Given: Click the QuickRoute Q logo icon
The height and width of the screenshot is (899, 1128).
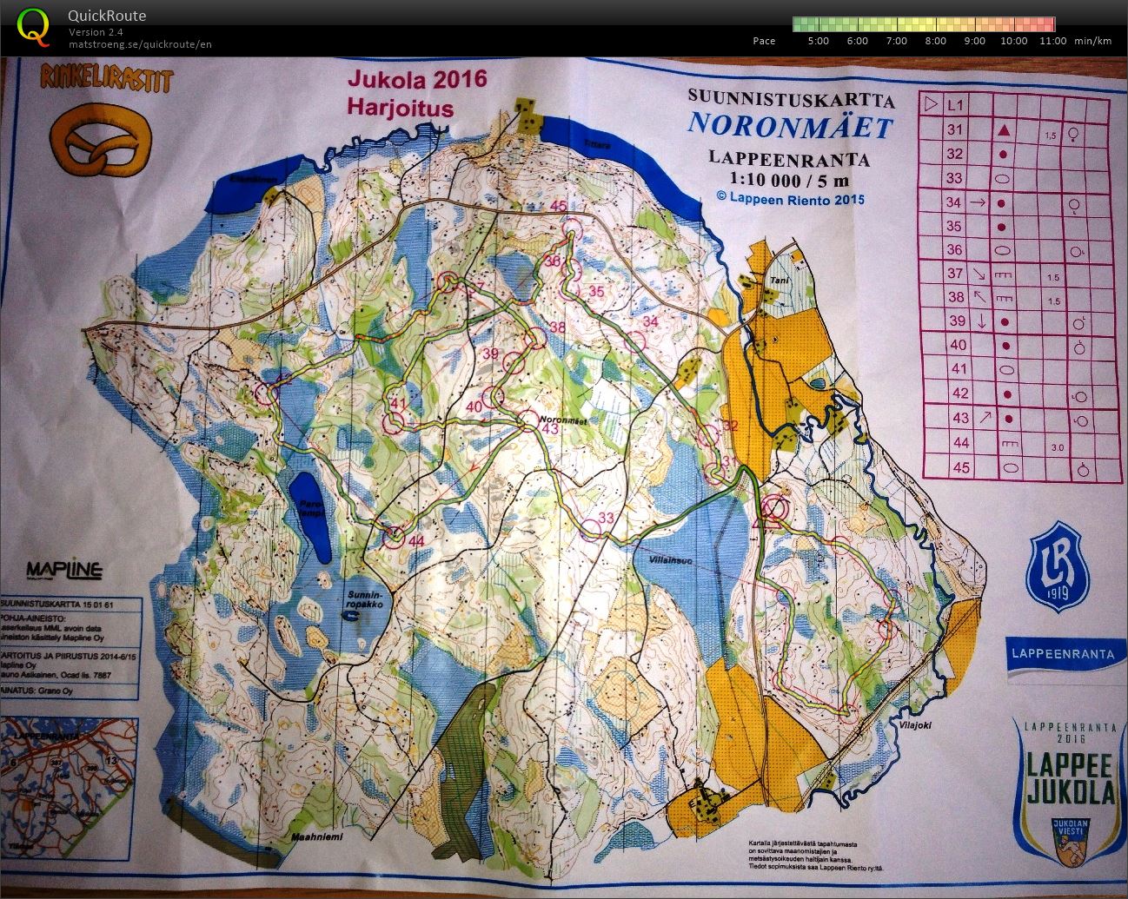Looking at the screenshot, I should pos(32,26).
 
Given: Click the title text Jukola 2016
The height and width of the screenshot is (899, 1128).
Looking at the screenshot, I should pos(417,79).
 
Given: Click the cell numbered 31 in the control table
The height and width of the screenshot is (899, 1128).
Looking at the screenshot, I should pos(955,129).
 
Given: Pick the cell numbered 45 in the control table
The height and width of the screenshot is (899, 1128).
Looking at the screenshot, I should pos(957,467).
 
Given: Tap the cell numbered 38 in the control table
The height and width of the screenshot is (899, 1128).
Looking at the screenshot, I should pos(956,297).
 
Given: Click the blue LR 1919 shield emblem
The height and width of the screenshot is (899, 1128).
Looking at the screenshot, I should pos(1058,567).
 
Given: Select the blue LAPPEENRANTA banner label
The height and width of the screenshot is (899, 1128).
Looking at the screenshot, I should pos(1062,654).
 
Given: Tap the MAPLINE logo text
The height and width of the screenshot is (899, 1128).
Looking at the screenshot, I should pos(64,571).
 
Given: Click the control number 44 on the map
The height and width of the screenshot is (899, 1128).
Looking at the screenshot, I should pos(416,541).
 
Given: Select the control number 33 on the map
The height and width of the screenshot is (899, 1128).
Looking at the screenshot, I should pos(606,519).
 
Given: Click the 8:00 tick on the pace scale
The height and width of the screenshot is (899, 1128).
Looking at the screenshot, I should pos(935,41).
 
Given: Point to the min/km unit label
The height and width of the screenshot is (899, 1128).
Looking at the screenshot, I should pos(1092,41).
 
